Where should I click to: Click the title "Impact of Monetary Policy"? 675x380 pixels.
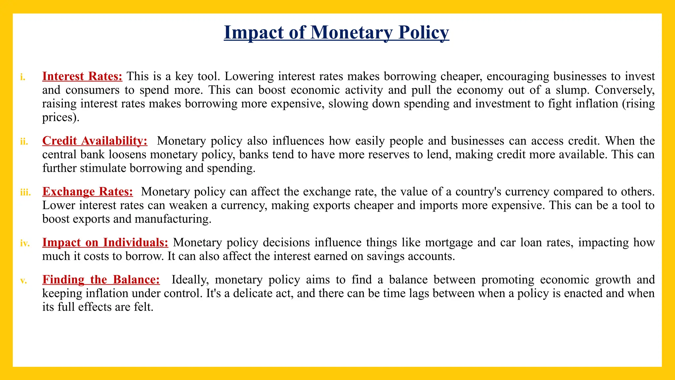click(x=336, y=33)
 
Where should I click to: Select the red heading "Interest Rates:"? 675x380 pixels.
click(x=82, y=76)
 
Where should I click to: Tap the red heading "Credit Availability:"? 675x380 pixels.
click(x=95, y=141)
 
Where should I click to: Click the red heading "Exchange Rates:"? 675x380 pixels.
click(x=88, y=192)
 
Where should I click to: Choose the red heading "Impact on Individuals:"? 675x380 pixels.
click(x=105, y=242)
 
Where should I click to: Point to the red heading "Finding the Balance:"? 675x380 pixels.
click(x=101, y=280)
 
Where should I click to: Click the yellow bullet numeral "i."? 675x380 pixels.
click(x=23, y=77)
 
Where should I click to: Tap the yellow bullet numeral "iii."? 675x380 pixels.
click(x=25, y=192)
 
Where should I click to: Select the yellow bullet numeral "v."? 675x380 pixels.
click(x=23, y=281)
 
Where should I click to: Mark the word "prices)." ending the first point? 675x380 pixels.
click(x=61, y=117)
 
